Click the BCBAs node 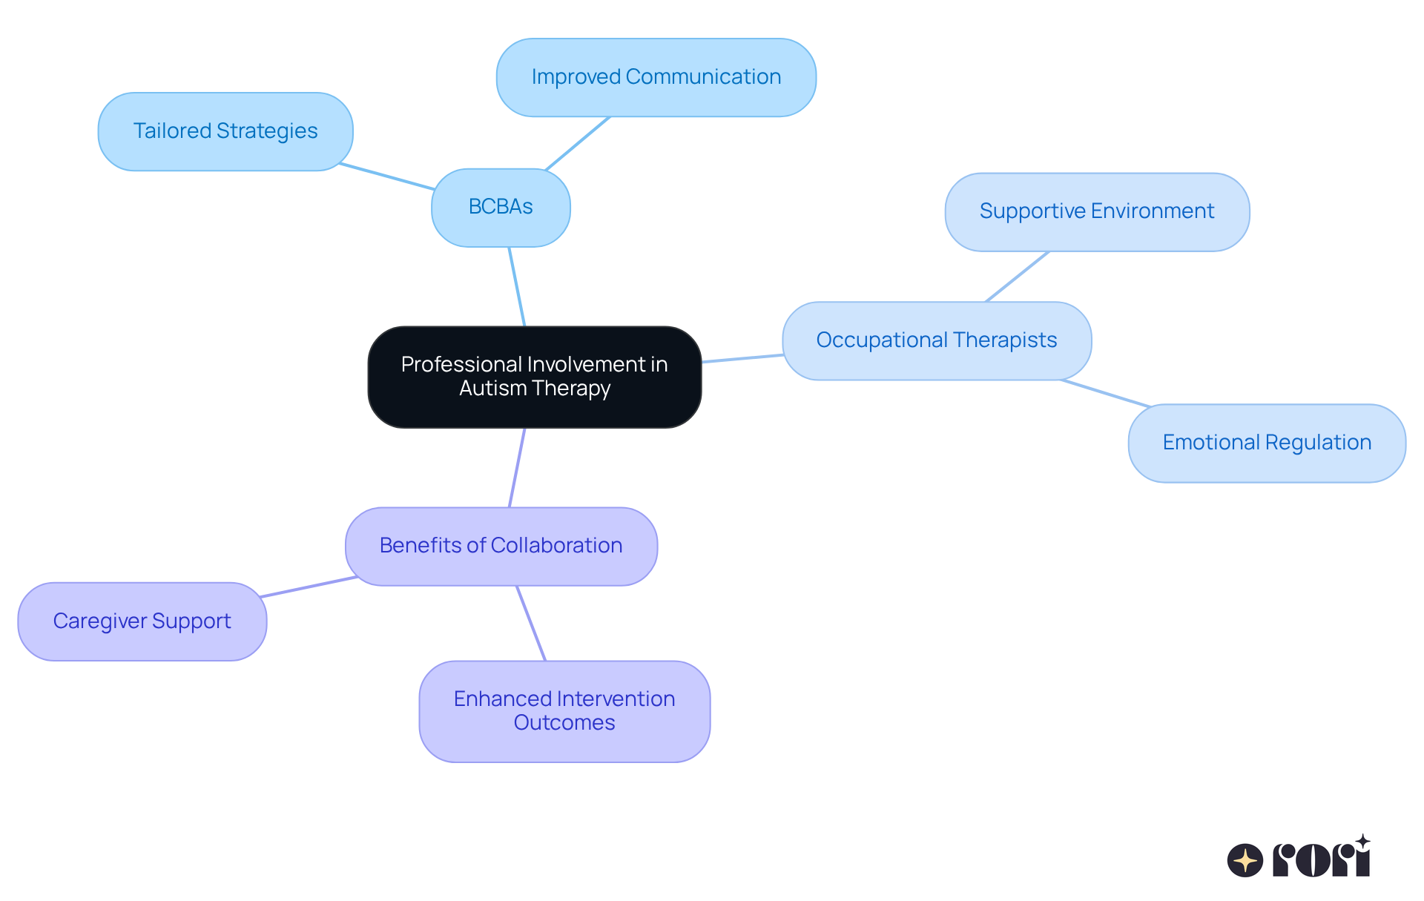click(x=501, y=207)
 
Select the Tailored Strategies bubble click(x=225, y=131)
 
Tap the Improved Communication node click(x=656, y=77)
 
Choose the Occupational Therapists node click(x=936, y=340)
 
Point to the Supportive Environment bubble click(x=1096, y=212)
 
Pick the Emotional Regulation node click(x=1266, y=443)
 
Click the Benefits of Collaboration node click(x=501, y=546)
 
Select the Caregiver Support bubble click(x=142, y=621)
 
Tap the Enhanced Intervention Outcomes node click(x=564, y=710)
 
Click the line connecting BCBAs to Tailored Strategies click(x=386, y=176)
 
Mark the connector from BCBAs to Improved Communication click(x=578, y=143)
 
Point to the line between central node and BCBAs click(x=517, y=286)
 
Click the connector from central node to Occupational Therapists click(x=742, y=359)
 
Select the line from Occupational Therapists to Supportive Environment click(x=1017, y=277)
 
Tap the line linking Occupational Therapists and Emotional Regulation click(x=1105, y=393)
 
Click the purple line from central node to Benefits click(x=517, y=468)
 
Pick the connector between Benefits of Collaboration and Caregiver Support click(x=309, y=587)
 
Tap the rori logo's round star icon click(x=1245, y=860)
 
